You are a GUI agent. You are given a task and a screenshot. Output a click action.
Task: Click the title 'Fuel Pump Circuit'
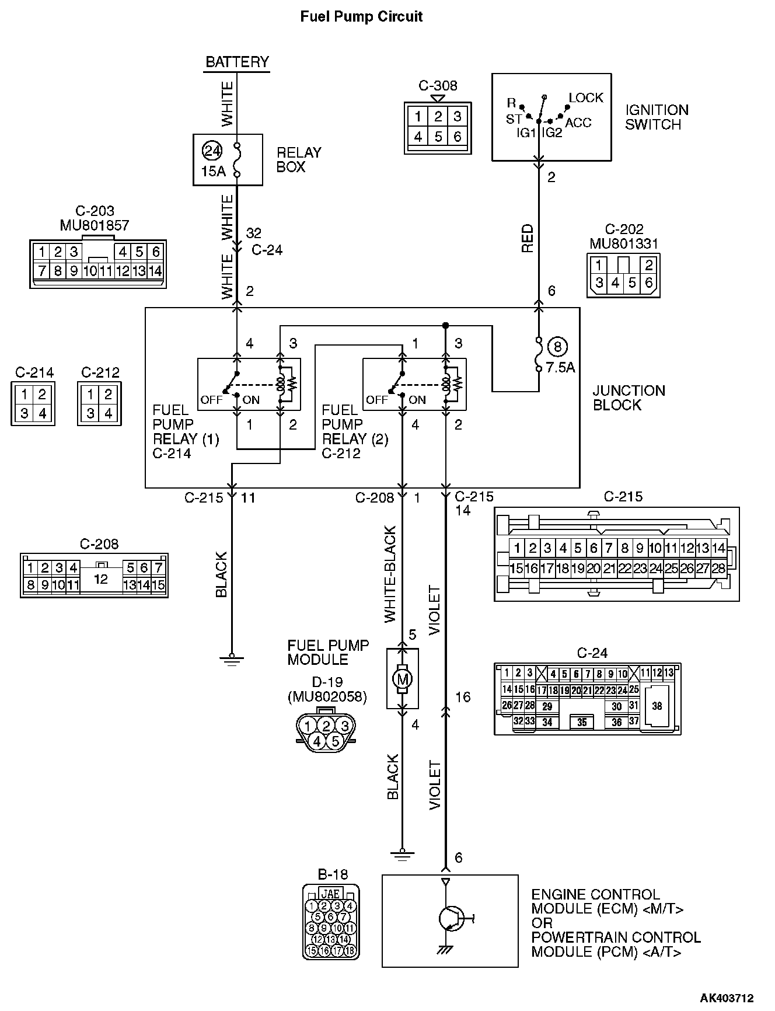click(361, 16)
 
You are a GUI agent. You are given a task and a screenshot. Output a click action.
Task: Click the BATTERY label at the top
click(237, 62)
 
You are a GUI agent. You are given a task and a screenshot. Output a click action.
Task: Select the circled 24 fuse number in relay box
click(212, 151)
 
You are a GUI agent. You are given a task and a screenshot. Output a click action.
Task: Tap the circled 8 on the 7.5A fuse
click(557, 347)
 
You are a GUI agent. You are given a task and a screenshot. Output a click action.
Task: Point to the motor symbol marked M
click(402, 678)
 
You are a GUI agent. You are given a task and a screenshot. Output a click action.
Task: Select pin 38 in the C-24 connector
click(657, 706)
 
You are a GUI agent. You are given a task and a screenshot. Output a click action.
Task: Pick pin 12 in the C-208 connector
click(101, 578)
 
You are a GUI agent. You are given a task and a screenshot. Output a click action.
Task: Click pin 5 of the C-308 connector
click(438, 137)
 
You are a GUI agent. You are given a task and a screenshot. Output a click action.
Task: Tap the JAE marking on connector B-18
click(331, 894)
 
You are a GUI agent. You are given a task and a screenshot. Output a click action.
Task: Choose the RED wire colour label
click(528, 238)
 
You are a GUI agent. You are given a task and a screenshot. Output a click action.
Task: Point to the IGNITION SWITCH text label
click(657, 117)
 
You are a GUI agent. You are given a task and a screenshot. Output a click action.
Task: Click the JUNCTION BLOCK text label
click(629, 398)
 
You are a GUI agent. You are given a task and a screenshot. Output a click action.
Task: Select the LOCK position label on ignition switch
click(586, 97)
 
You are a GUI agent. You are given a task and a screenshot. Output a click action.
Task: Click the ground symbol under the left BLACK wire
click(232, 660)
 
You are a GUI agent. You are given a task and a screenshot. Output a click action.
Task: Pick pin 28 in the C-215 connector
click(718, 568)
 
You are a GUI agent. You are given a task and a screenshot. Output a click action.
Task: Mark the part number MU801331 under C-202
click(624, 243)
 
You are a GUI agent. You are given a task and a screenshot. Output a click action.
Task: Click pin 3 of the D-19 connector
click(344, 726)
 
